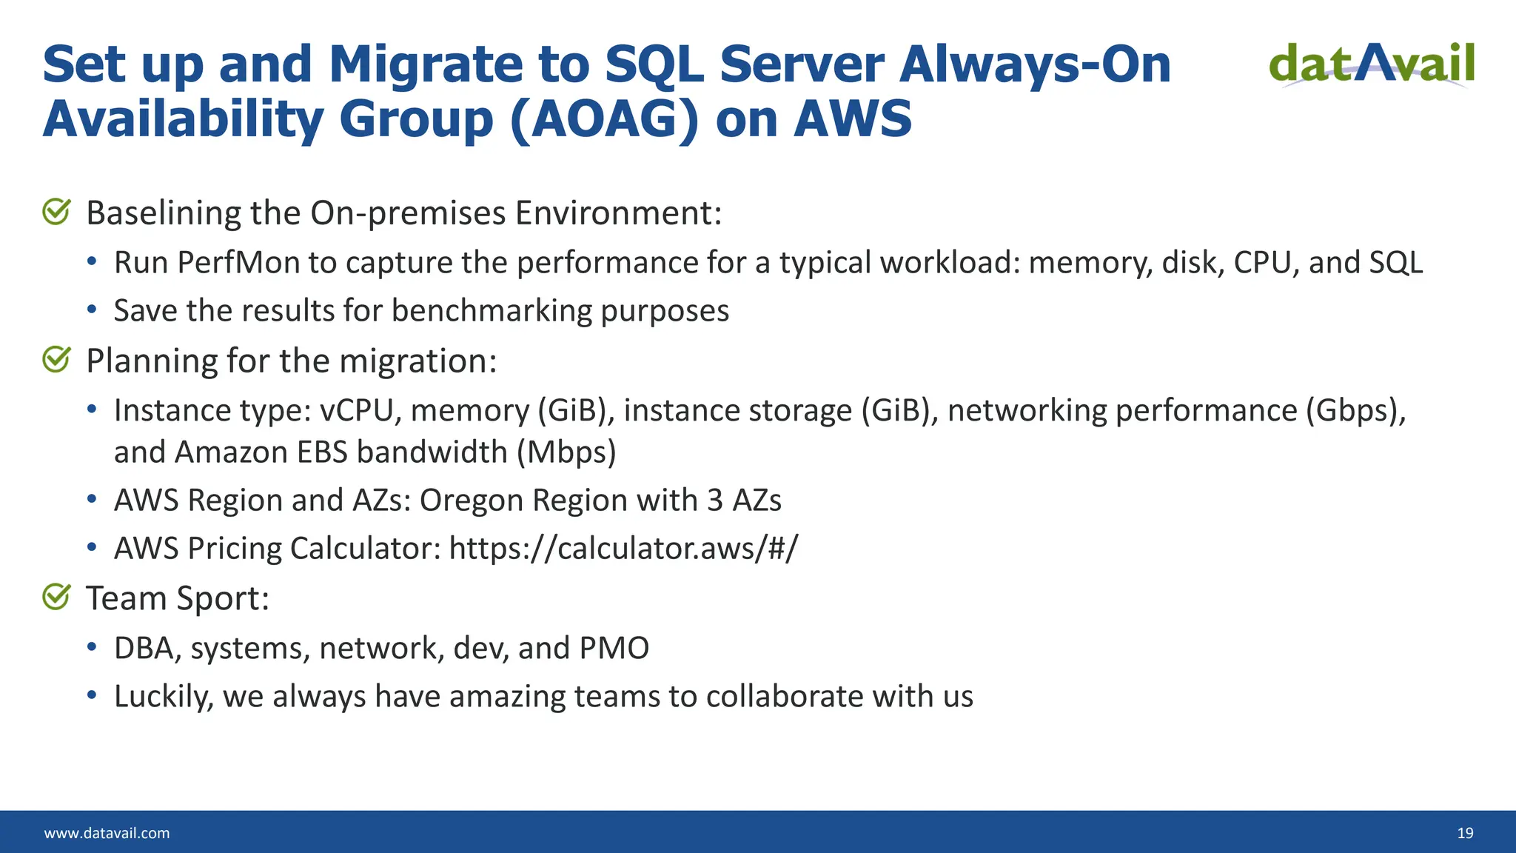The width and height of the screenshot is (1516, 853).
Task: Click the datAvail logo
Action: pyautogui.click(x=1372, y=65)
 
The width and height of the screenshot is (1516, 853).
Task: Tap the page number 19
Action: pyautogui.click(x=1465, y=833)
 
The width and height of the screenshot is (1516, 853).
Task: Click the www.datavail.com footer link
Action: pyautogui.click(x=107, y=833)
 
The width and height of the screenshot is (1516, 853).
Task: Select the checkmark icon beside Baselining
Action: pyautogui.click(x=56, y=212)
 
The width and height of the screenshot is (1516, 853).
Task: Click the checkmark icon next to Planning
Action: pyautogui.click(x=56, y=360)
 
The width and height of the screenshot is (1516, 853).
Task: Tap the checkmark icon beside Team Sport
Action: pyautogui.click(x=56, y=597)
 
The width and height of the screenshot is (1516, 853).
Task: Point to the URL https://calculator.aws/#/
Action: pyautogui.click(x=623, y=549)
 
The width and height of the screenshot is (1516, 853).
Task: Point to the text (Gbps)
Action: pyautogui.click(x=1354, y=411)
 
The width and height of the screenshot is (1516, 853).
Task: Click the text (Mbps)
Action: pyautogui.click(x=566, y=452)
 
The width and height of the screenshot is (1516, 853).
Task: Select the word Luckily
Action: pyautogui.click(x=163, y=697)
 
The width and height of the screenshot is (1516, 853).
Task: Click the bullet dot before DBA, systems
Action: pyautogui.click(x=92, y=647)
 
